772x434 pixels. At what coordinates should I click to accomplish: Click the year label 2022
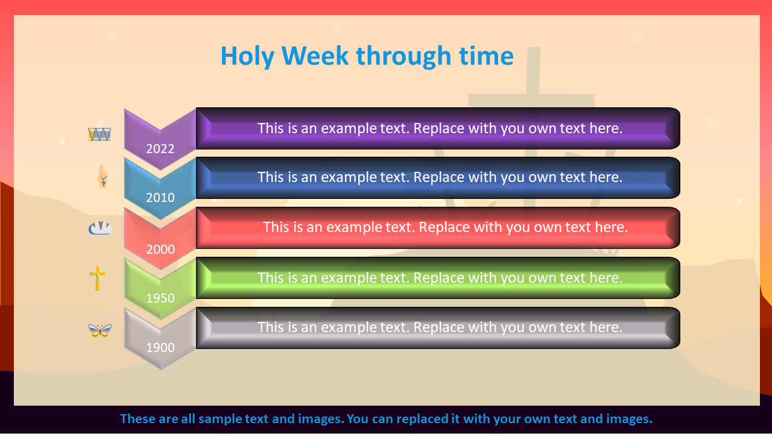(160, 149)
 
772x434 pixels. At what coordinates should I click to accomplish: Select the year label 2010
(160, 198)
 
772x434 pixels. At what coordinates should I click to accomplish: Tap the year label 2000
(160, 250)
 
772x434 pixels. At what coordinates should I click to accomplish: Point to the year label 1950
(160, 298)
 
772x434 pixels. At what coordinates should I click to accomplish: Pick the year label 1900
(160, 348)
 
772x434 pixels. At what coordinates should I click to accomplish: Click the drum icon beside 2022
(100, 131)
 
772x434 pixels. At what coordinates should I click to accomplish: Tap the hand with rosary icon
(103, 177)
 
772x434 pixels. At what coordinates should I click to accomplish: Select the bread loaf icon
(100, 228)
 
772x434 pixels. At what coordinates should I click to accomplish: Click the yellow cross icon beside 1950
(98, 278)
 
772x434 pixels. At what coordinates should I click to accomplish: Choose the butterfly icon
(100, 331)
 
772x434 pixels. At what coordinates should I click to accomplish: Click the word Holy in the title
(247, 56)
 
